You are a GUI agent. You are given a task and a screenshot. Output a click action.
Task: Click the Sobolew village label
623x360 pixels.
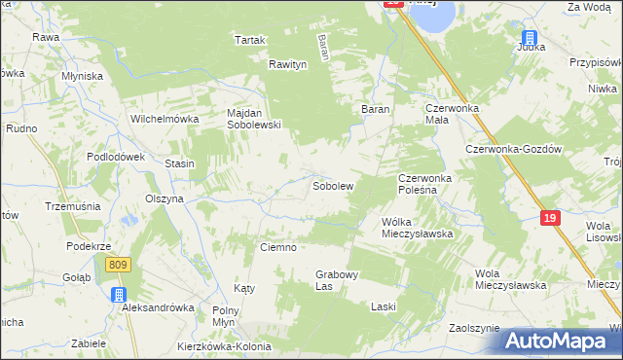[332, 185]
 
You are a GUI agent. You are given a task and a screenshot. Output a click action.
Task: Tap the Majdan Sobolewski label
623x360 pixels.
[254, 119]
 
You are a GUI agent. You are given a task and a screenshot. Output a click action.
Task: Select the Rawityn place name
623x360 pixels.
[288, 64]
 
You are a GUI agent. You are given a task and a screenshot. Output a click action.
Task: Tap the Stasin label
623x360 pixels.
[179, 163]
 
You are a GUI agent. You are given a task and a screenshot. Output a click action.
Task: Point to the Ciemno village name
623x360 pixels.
[277, 247]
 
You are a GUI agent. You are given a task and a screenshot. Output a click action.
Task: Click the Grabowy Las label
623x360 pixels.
[338, 280]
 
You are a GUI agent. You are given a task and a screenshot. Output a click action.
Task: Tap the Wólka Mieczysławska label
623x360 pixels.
[419, 228]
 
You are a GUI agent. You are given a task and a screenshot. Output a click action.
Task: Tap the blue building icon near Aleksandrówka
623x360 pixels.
[119, 295]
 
